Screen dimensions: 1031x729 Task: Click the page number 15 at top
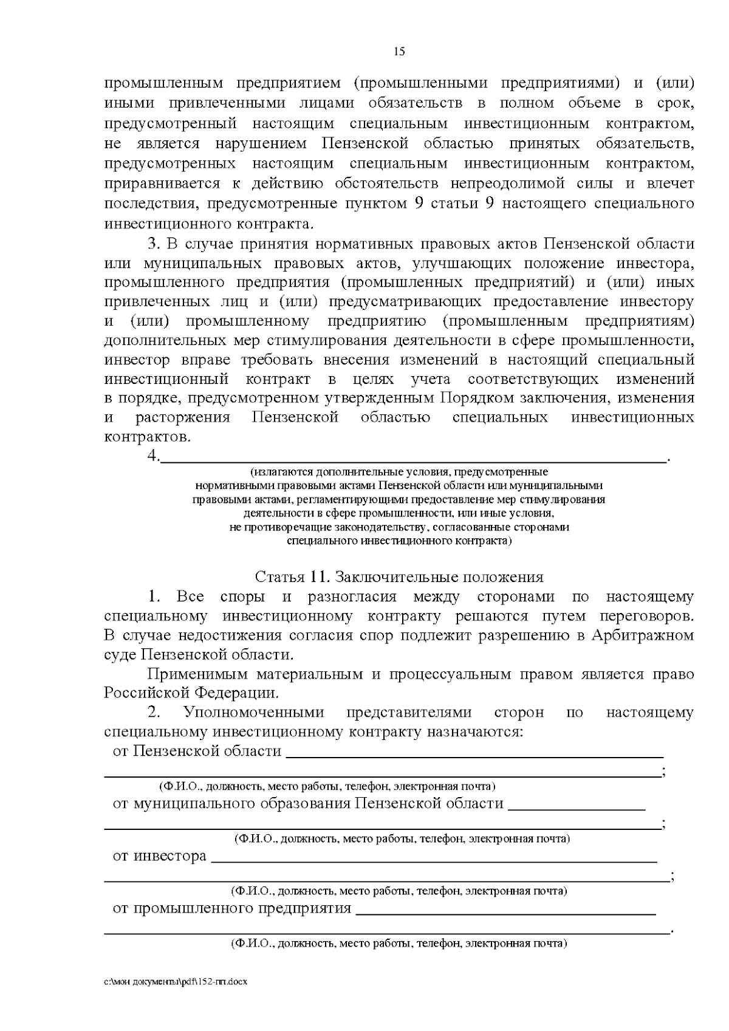pyautogui.click(x=399, y=52)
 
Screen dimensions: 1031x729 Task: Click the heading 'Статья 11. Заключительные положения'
pyautogui.click(x=399, y=577)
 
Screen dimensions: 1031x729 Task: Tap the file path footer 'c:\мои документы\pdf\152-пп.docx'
pyautogui.click(x=176, y=981)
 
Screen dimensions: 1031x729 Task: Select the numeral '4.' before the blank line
pyautogui.click(x=153, y=456)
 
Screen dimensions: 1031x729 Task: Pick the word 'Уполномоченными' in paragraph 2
pyautogui.click(x=254, y=713)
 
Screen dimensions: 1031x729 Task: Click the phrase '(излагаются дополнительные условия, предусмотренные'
pyautogui.click(x=399, y=472)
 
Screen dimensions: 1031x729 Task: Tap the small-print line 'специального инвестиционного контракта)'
pyautogui.click(x=399, y=541)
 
